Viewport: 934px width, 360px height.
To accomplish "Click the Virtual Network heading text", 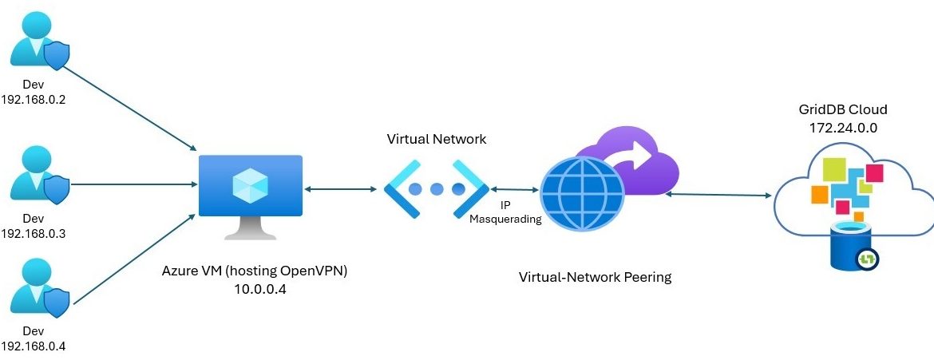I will pyautogui.click(x=436, y=139).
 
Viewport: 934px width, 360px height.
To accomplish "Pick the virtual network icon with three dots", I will pyautogui.click(x=436, y=189).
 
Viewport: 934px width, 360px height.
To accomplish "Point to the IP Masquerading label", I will pyautogui.click(x=505, y=212).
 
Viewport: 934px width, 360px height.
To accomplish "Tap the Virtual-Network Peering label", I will pyautogui.click(x=596, y=278).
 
